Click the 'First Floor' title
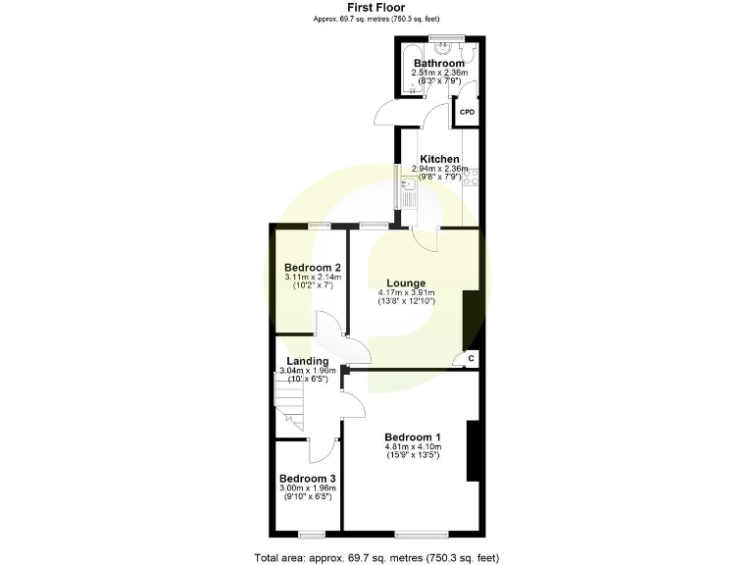[376, 7]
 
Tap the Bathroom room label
[438, 63]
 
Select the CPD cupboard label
[467, 112]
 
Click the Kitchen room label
[438, 159]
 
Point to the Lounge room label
[406, 283]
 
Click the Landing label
[307, 361]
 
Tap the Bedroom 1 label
[412, 437]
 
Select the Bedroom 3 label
[307, 479]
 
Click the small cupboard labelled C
[471, 358]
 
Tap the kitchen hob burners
[471, 178]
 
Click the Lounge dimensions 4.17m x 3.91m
[406, 293]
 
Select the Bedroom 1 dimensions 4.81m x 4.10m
[412, 447]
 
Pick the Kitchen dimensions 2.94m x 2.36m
[438, 169]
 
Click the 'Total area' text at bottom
[376, 557]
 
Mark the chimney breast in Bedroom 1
[473, 450]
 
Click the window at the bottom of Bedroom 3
[312, 533]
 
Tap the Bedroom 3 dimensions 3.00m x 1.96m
[307, 488]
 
